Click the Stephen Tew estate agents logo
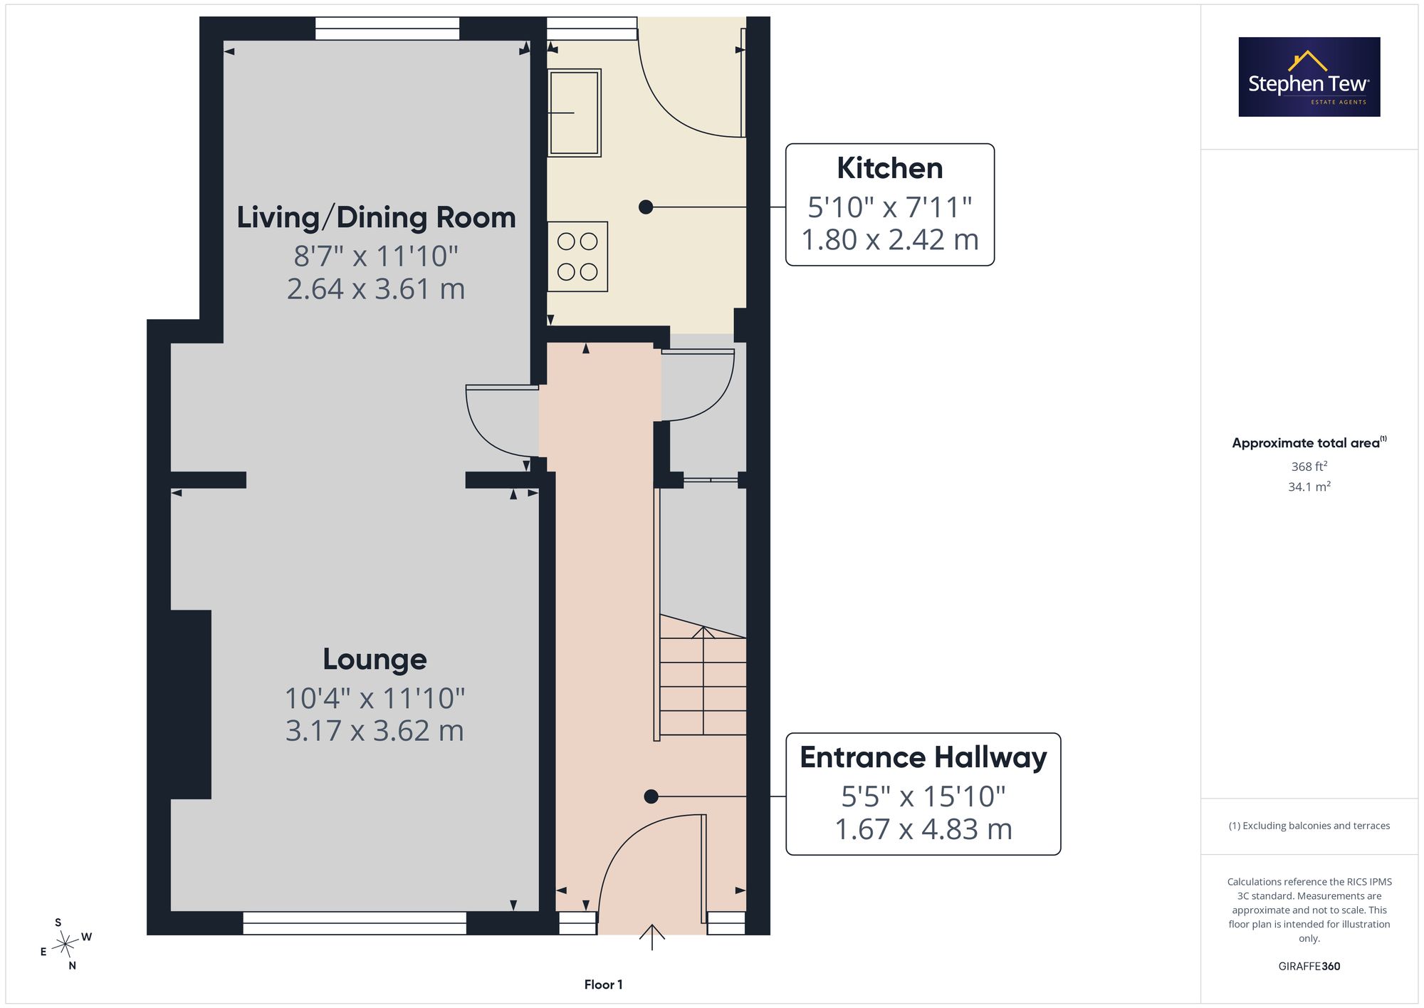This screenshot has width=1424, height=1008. (x=1309, y=77)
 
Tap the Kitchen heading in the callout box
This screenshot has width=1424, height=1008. (x=890, y=168)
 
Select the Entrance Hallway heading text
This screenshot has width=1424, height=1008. (x=923, y=757)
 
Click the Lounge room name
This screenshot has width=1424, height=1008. (x=375, y=660)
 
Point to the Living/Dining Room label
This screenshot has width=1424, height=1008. (x=376, y=217)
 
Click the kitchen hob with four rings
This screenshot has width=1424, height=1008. (x=577, y=256)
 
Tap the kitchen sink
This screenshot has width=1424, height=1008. (x=575, y=113)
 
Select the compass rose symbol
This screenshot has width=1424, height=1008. (x=66, y=945)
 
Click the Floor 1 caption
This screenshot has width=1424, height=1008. (x=603, y=984)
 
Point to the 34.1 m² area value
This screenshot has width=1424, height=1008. (x=1309, y=487)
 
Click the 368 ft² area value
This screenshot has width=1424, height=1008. (x=1309, y=467)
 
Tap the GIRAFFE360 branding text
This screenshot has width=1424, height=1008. (x=1309, y=967)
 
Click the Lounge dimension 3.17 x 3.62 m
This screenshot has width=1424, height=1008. (x=375, y=731)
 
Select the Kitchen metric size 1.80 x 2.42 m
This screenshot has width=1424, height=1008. (x=890, y=240)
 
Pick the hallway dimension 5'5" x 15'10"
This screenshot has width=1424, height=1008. (x=923, y=796)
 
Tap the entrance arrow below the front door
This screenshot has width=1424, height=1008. (x=652, y=937)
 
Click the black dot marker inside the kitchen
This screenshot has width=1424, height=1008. (x=646, y=207)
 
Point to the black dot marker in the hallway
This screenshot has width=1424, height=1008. (x=651, y=797)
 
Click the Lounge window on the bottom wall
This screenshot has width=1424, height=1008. (x=355, y=923)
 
